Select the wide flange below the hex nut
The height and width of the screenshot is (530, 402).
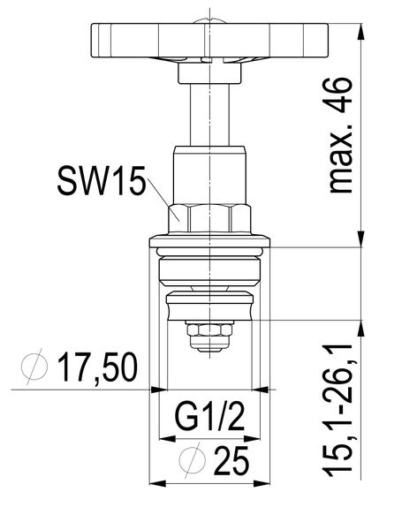point(209,241)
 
